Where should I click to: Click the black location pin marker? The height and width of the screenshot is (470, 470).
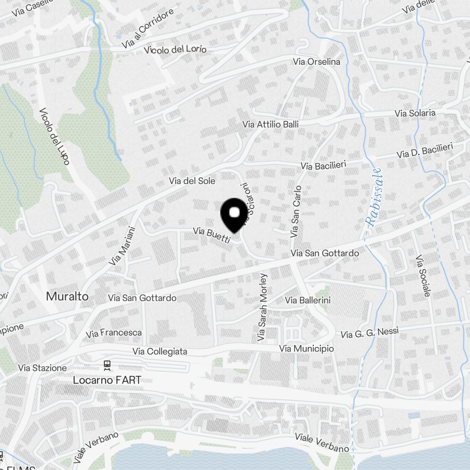pyautogui.click(x=234, y=214)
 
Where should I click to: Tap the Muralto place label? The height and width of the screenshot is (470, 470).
pyautogui.click(x=67, y=296)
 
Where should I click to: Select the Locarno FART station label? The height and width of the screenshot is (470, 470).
pyautogui.click(x=107, y=380)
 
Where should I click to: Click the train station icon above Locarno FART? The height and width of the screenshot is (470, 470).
pyautogui.click(x=107, y=365)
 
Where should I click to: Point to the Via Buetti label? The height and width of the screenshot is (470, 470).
pyautogui.click(x=212, y=235)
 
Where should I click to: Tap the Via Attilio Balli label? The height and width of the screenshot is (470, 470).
pyautogui.click(x=270, y=124)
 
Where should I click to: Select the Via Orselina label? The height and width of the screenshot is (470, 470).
pyautogui.click(x=316, y=62)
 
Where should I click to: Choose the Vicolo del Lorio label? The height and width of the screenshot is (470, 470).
pyautogui.click(x=175, y=49)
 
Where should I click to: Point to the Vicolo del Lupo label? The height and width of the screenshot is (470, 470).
pyautogui.click(x=55, y=136)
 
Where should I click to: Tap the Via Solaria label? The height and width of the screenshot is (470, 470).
pyautogui.click(x=415, y=113)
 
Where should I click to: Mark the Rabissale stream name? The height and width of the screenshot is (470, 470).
pyautogui.click(x=375, y=197)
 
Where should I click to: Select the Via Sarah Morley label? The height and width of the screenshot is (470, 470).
pyautogui.click(x=262, y=307)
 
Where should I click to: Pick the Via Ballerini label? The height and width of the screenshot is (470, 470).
pyautogui.click(x=308, y=300)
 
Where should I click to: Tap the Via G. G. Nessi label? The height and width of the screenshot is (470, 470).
pyautogui.click(x=369, y=333)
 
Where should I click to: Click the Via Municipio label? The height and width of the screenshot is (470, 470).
pyautogui.click(x=306, y=349)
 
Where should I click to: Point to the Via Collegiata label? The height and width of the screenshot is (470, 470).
pyautogui.click(x=160, y=351)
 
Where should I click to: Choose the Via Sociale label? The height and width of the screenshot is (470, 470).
pyautogui.click(x=423, y=276)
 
